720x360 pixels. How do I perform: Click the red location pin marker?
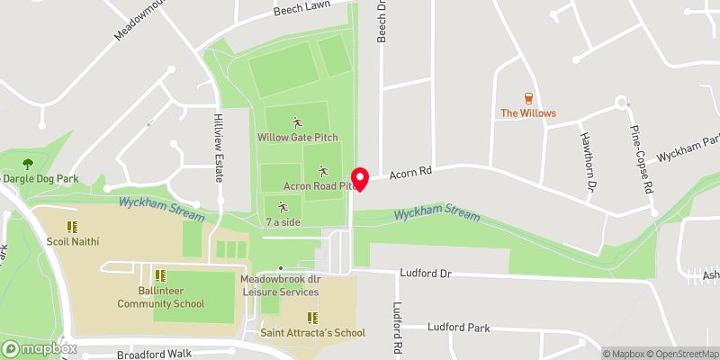pyautogui.click(x=360, y=178)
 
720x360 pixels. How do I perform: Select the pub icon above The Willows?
pyautogui.click(x=528, y=98)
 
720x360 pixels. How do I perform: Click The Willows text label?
pyautogui.click(x=528, y=113)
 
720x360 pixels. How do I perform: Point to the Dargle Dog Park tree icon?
pyautogui.click(x=28, y=164)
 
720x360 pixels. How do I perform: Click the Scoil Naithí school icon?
pyautogui.click(x=72, y=227)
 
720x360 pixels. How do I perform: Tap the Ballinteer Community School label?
pyautogui.click(x=160, y=297)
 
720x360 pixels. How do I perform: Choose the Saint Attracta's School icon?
pyautogui.click(x=312, y=318)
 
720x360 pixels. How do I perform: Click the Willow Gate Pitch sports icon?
pyautogui.click(x=297, y=122)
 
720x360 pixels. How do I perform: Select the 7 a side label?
pyautogui.click(x=282, y=220)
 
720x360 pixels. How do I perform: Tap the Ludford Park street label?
pyautogui.click(x=459, y=328)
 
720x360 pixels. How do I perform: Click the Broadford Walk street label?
pyautogui.click(x=155, y=355)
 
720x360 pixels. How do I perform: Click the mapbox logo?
pyautogui.click(x=39, y=348)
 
